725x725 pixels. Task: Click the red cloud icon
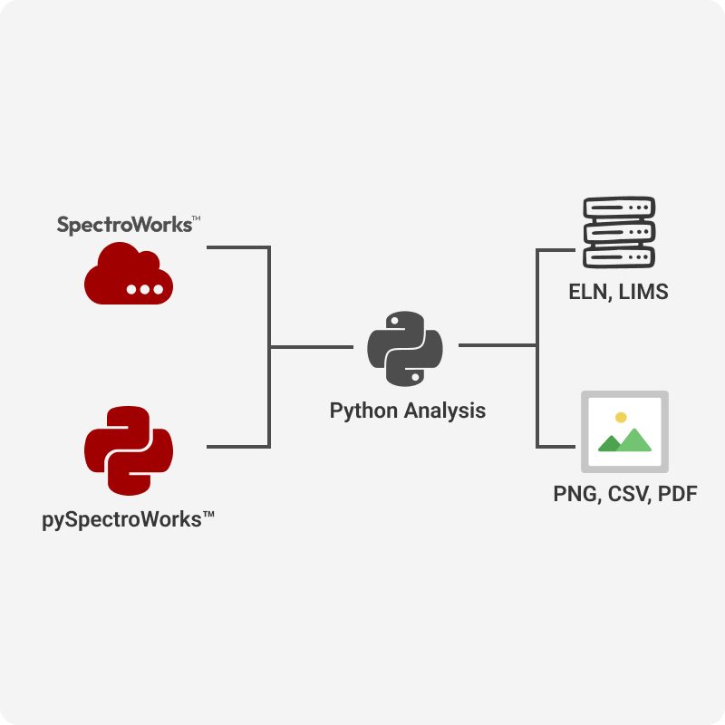pyautogui.click(x=128, y=273)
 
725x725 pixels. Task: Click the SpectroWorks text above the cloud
pyautogui.click(x=123, y=224)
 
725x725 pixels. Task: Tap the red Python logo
pyautogui.click(x=129, y=450)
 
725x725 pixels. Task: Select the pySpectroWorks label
pyautogui.click(x=128, y=519)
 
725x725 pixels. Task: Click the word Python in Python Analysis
pyautogui.click(x=363, y=411)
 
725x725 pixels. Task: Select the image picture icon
pyautogui.click(x=624, y=431)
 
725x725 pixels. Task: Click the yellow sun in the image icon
pyautogui.click(x=621, y=418)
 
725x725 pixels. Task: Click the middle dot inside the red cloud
pyautogui.click(x=145, y=290)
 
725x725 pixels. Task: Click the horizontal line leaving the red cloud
pyautogui.click(x=237, y=246)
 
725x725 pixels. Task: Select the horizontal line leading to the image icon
pyautogui.click(x=556, y=446)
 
